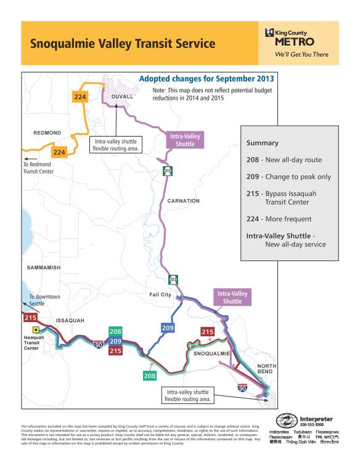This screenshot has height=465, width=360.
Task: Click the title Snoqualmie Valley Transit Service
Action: pos(123,44)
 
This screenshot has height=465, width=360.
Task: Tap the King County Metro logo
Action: pos(290,37)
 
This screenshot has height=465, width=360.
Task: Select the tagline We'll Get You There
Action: pos(301,54)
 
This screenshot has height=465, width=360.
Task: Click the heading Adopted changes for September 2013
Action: pos(206,79)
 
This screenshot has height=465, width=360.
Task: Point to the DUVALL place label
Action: pos(123,98)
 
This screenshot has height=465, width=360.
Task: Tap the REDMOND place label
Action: pos(46,132)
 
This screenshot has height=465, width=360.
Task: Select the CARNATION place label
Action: pos(182,201)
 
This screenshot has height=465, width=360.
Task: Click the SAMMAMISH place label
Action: pos(43,268)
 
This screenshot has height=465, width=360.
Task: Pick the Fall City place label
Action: pos(160,295)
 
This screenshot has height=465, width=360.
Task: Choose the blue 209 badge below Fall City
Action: pos(168,328)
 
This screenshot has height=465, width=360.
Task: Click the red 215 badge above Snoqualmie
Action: pos(208,332)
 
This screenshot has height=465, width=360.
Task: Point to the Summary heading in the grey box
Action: pos(263,143)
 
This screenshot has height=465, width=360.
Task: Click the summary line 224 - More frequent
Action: pos(279,219)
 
